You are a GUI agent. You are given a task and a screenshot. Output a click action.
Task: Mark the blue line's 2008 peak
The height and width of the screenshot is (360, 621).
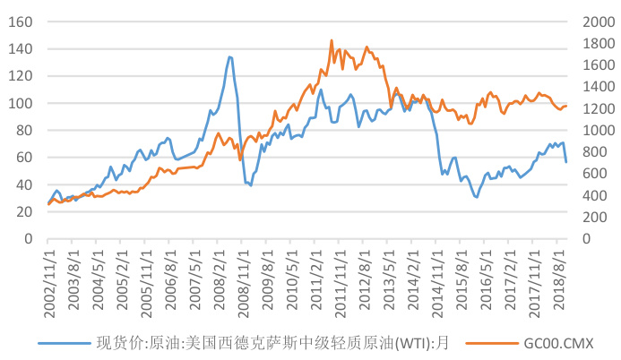pyautogui.click(x=229, y=56)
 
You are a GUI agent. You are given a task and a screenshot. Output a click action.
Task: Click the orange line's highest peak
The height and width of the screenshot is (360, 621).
pyautogui.click(x=332, y=40)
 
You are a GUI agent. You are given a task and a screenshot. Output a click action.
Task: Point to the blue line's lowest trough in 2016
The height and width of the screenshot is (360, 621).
pyautogui.click(x=476, y=197)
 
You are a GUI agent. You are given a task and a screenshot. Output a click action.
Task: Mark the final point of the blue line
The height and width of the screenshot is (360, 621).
pyautogui.click(x=566, y=162)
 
